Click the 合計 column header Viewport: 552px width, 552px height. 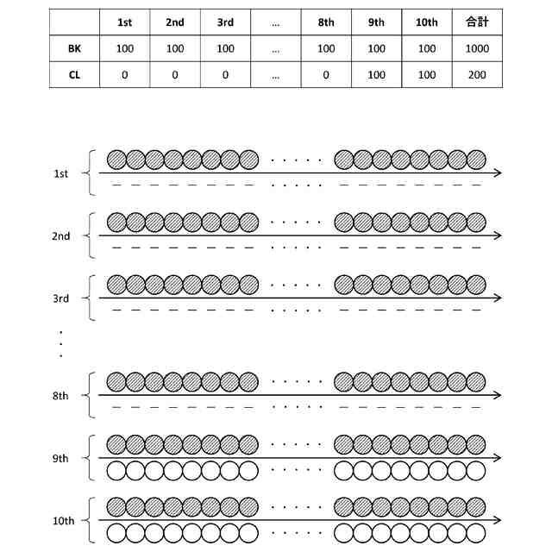click(x=477, y=22)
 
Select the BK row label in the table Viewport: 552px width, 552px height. click(x=75, y=48)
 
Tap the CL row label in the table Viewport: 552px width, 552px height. click(x=75, y=75)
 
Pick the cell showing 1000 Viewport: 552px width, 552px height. click(x=477, y=48)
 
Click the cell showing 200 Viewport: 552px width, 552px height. click(x=477, y=75)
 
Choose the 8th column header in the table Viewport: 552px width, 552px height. click(x=326, y=22)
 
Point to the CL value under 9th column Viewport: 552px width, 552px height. click(x=376, y=75)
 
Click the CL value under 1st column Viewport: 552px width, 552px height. click(x=125, y=75)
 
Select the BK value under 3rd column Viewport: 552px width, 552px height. click(x=225, y=48)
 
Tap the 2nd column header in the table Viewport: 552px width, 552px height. click(x=175, y=22)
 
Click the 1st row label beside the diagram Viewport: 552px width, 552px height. click(x=60, y=173)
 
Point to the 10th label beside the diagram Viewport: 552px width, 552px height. click(x=63, y=521)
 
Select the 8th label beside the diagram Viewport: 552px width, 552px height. click(x=60, y=395)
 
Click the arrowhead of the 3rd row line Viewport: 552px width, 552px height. click(x=498, y=298)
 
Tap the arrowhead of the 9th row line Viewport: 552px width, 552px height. click(x=498, y=458)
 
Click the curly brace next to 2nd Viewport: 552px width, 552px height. click(x=89, y=235)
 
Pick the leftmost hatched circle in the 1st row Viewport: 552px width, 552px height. click(x=116, y=160)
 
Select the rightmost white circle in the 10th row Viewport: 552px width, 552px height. click(x=476, y=534)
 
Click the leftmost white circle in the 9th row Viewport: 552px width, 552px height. click(x=116, y=471)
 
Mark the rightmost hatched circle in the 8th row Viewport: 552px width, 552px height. click(x=476, y=381)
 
